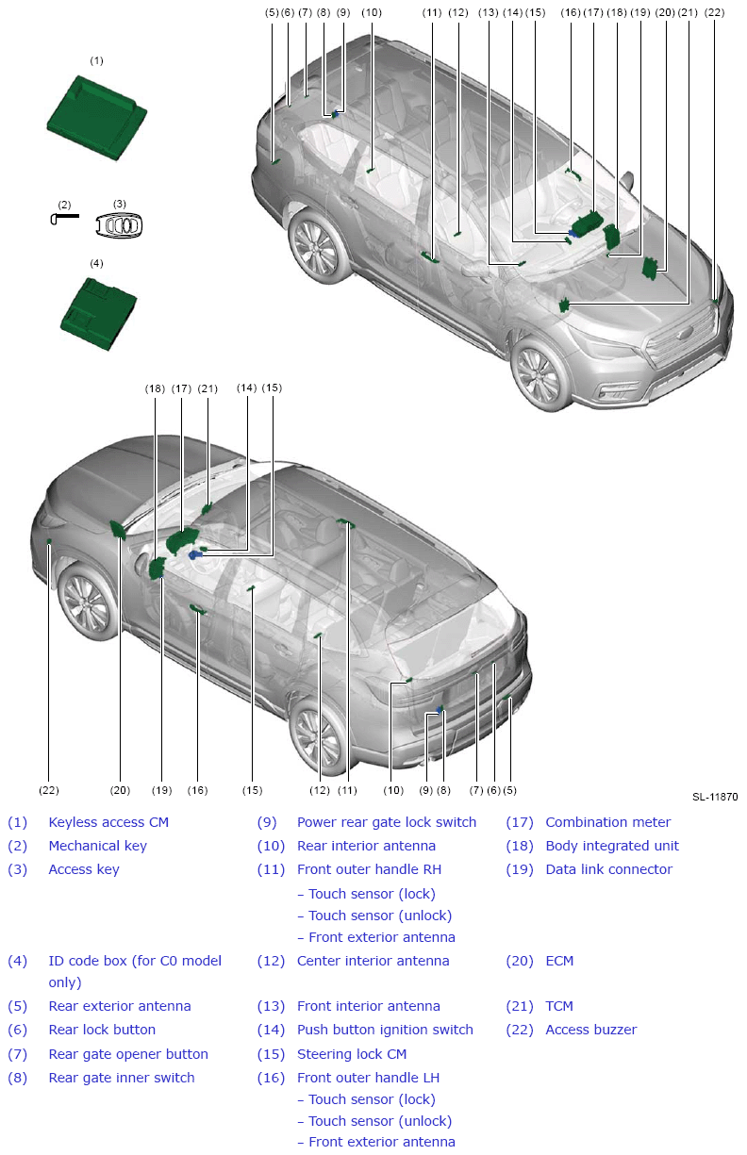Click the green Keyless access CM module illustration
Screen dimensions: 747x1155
(x=97, y=118)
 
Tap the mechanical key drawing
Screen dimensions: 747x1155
(x=65, y=218)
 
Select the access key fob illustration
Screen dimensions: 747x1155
(x=119, y=225)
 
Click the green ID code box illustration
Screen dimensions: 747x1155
(x=98, y=314)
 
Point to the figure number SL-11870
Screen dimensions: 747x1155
(x=715, y=797)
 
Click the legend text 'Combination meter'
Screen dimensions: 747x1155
(x=608, y=822)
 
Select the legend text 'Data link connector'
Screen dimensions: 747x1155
(x=608, y=869)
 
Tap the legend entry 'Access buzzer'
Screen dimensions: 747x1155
(x=591, y=1030)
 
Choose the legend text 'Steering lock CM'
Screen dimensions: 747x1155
(x=352, y=1054)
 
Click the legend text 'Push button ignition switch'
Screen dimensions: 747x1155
(x=385, y=1030)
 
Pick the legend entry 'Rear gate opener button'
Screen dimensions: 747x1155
(x=128, y=1054)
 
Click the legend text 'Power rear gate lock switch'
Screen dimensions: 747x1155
(x=387, y=822)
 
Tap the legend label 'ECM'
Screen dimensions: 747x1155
(x=559, y=961)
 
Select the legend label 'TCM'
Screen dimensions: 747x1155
(x=559, y=1006)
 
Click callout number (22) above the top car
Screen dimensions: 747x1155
(x=715, y=12)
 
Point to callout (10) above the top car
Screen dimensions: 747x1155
(x=372, y=12)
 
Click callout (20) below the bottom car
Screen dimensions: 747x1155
(x=120, y=790)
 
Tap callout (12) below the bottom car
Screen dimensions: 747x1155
(x=320, y=790)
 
